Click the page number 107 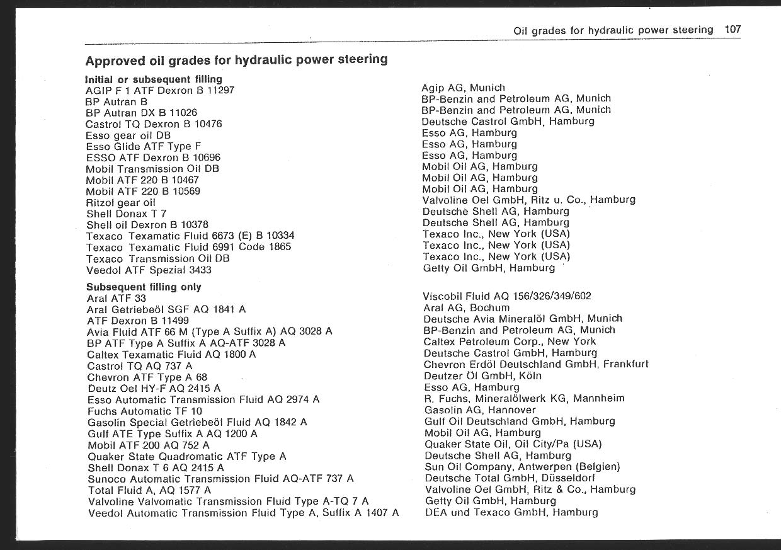point(733,29)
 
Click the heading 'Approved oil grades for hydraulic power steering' point(236,60)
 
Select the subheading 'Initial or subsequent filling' point(154,79)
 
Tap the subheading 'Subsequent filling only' point(144,287)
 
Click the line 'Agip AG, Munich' point(463,88)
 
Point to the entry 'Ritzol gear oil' point(120,202)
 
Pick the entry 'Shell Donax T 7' point(126,214)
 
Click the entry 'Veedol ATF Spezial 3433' point(149,270)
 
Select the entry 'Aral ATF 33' point(117,298)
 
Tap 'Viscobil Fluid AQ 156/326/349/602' point(507,296)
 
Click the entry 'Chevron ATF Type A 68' point(147,377)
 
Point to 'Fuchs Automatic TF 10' point(145,411)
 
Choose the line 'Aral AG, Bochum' point(467,307)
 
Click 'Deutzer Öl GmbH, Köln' point(483,376)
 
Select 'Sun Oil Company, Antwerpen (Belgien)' point(522,467)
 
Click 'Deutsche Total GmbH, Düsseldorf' point(510,478)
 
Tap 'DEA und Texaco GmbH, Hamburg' point(511,512)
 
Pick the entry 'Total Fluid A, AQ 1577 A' point(149,490)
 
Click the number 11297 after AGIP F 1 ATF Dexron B point(220,90)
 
